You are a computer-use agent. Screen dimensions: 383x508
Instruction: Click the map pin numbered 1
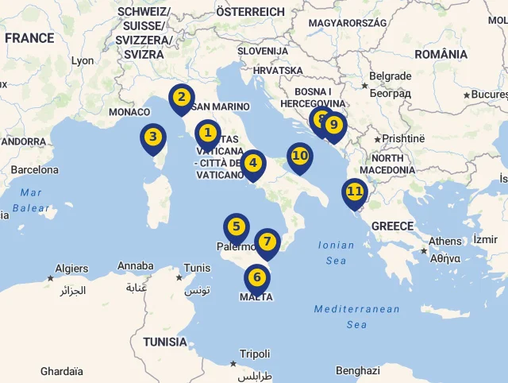click(x=207, y=133)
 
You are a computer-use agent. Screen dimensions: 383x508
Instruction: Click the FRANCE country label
click(x=29, y=37)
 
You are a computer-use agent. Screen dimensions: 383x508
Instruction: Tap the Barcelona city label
click(x=34, y=169)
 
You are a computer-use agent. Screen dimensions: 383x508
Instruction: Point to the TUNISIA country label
click(x=165, y=342)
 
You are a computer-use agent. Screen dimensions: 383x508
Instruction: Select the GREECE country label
click(x=392, y=226)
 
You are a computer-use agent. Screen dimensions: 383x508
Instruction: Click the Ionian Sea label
click(x=336, y=253)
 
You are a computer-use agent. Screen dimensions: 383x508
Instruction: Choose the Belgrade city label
click(x=390, y=76)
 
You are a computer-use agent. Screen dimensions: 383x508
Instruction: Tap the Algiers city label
click(x=71, y=269)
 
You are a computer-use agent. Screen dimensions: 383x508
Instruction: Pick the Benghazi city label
click(x=357, y=370)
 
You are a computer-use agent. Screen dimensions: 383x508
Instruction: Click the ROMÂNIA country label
click(x=441, y=54)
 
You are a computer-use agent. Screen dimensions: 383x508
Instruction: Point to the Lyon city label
click(x=82, y=60)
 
